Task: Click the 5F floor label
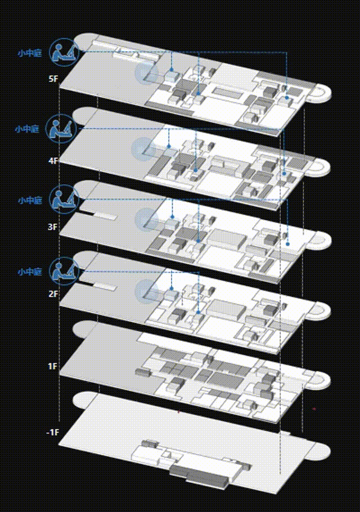[x=53, y=79]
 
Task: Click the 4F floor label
[x=53, y=161]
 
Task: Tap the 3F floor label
[x=53, y=227]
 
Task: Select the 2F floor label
[x=53, y=294]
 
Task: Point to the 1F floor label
[x=53, y=366]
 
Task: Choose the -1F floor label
[x=53, y=432]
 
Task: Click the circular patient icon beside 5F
[x=64, y=52]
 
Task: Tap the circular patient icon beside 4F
[x=61, y=129]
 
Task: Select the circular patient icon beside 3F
[x=64, y=199]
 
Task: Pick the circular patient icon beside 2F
[x=64, y=271]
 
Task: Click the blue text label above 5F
[x=30, y=53]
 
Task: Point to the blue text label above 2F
[x=30, y=271]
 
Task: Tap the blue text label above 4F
[x=27, y=129]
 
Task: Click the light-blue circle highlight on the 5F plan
[x=147, y=73]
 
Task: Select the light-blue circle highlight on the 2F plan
[x=147, y=291]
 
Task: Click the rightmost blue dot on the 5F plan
[x=287, y=98]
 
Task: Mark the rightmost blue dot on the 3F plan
[x=288, y=244]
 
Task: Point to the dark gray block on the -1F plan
[x=199, y=474]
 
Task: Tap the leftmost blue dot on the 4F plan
[x=169, y=146]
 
